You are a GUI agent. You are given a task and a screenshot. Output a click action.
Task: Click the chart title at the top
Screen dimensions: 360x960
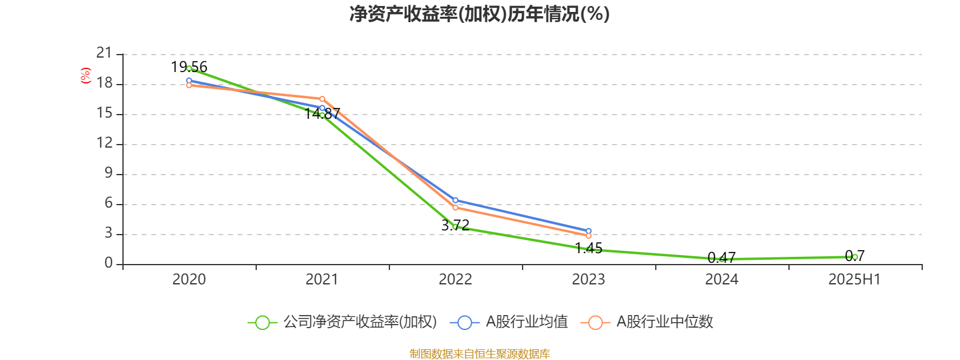point(479,14)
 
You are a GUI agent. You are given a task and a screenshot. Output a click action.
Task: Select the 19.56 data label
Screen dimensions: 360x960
point(189,67)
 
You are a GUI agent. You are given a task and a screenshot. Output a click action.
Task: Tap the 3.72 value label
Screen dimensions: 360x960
point(455,226)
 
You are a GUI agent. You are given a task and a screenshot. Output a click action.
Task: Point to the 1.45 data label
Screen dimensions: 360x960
point(589,248)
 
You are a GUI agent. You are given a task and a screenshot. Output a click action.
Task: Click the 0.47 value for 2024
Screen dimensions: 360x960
point(722,258)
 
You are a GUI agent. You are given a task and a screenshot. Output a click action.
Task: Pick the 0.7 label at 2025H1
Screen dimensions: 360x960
point(855,256)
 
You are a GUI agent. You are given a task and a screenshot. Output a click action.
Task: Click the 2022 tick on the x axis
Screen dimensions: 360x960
point(455,280)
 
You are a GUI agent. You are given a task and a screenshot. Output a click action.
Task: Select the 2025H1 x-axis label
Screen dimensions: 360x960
point(854,280)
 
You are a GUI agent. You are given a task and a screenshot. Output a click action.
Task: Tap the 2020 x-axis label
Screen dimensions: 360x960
point(189,280)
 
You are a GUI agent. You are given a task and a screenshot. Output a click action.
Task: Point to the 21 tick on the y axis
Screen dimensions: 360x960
point(104,53)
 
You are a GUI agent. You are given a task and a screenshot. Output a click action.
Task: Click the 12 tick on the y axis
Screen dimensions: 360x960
point(104,143)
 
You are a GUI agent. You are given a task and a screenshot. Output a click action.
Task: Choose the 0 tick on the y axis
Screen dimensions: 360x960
point(109,263)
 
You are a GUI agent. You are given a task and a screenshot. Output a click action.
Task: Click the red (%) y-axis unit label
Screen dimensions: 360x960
point(86,75)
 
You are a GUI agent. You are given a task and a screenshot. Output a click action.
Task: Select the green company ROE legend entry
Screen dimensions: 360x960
point(343,322)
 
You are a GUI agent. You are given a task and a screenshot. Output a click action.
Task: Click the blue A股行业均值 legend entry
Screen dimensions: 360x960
point(509,322)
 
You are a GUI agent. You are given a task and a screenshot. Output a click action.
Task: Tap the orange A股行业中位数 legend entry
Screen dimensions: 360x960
point(647,322)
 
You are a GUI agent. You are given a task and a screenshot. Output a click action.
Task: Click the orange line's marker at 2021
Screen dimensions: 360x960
point(322,99)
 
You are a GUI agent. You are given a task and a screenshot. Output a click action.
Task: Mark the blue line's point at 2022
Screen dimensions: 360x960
point(455,200)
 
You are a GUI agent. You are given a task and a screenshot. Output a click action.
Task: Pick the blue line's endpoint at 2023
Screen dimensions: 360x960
point(589,231)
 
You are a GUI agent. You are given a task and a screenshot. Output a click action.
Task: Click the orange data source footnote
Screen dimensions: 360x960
point(479,354)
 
